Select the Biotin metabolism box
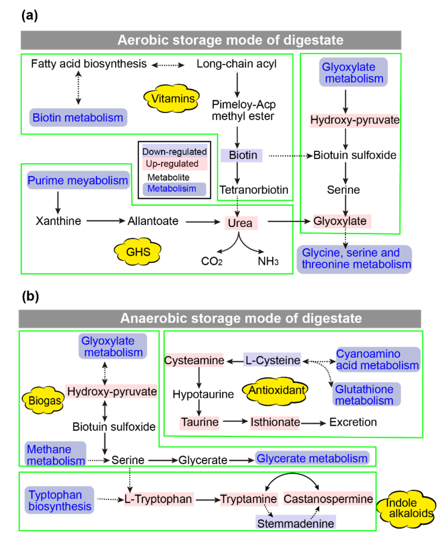pos(78,117)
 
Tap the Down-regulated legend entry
pos(174,152)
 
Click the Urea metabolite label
pos(241,223)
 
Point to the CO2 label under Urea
pos(212,261)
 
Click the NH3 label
pos(268,261)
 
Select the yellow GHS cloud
pos(138,252)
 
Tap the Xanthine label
pos(58,221)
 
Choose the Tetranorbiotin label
pos(254,190)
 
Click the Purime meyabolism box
pos(78,180)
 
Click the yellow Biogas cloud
pos(44,400)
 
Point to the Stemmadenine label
pos(296,523)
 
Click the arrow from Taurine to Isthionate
pos(235,422)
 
